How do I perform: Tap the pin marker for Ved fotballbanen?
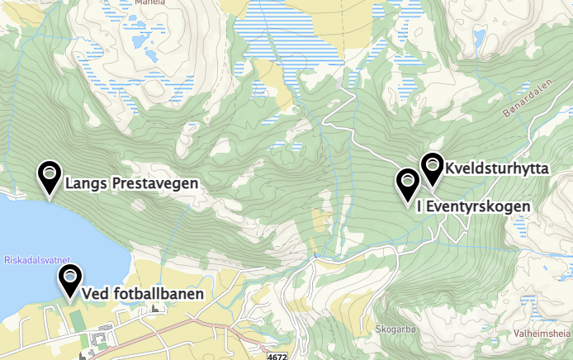(70, 279)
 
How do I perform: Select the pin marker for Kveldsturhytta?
(432, 168)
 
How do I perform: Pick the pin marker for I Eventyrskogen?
(407, 183)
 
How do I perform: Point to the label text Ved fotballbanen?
(142, 293)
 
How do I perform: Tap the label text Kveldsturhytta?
(497, 168)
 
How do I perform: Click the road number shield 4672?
(278, 355)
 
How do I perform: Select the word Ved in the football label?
(95, 293)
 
